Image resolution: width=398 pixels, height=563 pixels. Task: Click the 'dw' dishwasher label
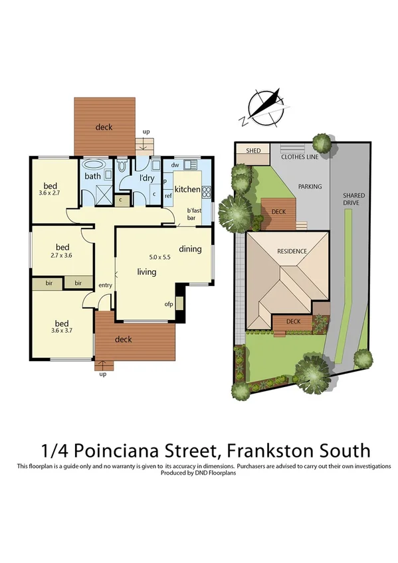coord(175,165)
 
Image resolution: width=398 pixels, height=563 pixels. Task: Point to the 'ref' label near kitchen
coord(168,196)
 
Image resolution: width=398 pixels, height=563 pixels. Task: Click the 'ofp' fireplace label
coord(169,305)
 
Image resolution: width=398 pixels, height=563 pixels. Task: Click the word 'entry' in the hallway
coord(105,285)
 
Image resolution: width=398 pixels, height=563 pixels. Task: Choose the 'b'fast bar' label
coord(193,213)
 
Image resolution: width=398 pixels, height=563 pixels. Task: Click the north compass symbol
coord(262,106)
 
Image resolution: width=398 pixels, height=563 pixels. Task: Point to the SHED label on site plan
coord(254,151)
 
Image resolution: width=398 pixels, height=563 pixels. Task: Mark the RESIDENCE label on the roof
coord(292,251)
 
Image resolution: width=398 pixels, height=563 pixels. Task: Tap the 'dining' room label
coord(190,249)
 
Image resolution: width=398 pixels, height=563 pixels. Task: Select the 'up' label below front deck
coord(102,374)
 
